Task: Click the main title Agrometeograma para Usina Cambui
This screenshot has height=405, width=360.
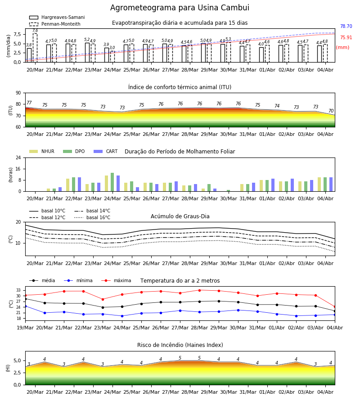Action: click(x=180, y=8)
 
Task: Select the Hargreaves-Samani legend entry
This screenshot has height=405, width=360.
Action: click(x=57, y=17)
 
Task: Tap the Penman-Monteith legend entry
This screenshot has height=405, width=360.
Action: click(x=55, y=24)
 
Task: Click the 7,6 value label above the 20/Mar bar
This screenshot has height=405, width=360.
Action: click(x=35, y=31)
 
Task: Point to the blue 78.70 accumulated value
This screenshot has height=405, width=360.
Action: click(x=346, y=27)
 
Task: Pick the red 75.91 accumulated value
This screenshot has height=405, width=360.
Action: click(x=346, y=37)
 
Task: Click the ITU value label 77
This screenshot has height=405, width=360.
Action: click(x=29, y=103)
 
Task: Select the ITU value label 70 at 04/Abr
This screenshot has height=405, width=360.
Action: click(x=331, y=111)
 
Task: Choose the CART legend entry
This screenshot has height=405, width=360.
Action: click(x=106, y=151)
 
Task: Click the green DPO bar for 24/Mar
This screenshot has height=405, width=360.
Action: click(x=112, y=182)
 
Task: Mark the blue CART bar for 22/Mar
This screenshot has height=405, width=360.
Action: click(x=79, y=184)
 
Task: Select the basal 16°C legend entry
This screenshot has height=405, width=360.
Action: click(x=92, y=217)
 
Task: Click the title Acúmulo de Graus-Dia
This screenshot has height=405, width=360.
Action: click(x=180, y=216)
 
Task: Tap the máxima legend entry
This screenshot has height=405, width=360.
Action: click(x=117, y=280)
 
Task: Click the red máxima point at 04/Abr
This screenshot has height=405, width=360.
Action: click(x=335, y=307)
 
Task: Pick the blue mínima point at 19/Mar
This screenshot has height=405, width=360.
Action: click(x=25, y=306)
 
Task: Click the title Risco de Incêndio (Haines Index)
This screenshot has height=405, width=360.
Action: click(x=180, y=345)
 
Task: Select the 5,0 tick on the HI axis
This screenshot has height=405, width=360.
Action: click(x=17, y=361)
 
